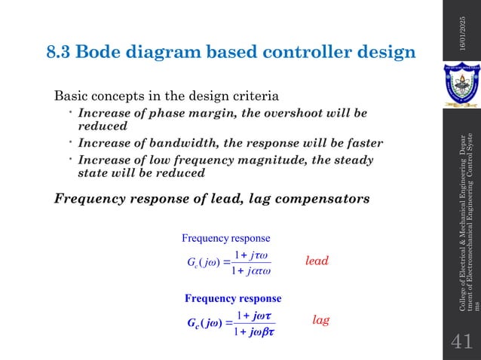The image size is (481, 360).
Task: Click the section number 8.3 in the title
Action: click(61, 53)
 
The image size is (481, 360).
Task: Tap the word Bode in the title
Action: click(102, 53)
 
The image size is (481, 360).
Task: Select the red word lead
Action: click(317, 261)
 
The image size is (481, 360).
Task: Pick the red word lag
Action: click(321, 320)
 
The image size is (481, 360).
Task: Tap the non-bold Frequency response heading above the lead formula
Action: click(226, 239)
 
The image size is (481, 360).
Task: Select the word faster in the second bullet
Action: click(364, 143)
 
